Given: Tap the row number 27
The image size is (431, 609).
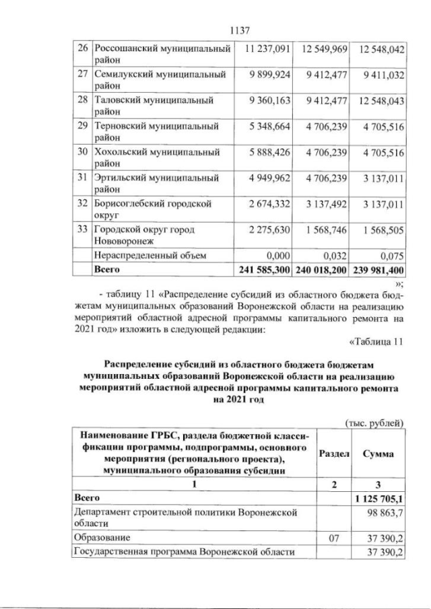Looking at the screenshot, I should (x=81, y=75).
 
